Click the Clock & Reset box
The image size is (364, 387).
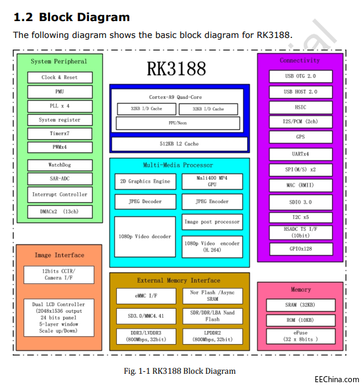click(60, 77)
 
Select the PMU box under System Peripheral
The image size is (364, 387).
click(60, 92)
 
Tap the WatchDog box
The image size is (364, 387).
click(60, 165)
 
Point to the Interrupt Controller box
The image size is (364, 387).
click(60, 195)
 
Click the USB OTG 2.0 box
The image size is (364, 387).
click(300, 76)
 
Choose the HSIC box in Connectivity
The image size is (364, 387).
click(300, 107)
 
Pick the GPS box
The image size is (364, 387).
click(300, 137)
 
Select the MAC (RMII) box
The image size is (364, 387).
click(300, 184)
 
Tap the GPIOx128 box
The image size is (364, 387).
click(300, 248)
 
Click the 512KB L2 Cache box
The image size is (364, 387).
click(179, 144)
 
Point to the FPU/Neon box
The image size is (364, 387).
click(179, 123)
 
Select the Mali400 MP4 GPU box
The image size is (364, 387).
click(212, 181)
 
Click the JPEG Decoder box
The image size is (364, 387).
click(144, 201)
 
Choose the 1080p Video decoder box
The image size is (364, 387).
click(144, 237)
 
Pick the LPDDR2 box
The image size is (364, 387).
click(212, 336)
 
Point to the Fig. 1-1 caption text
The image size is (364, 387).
click(179, 371)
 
